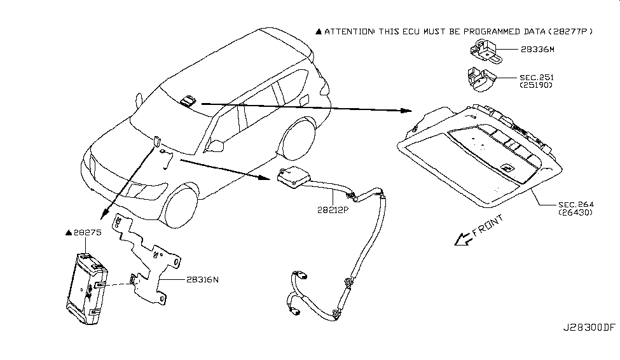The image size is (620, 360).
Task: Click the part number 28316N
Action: point(203,279)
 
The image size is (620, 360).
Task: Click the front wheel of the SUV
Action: point(184,204)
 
